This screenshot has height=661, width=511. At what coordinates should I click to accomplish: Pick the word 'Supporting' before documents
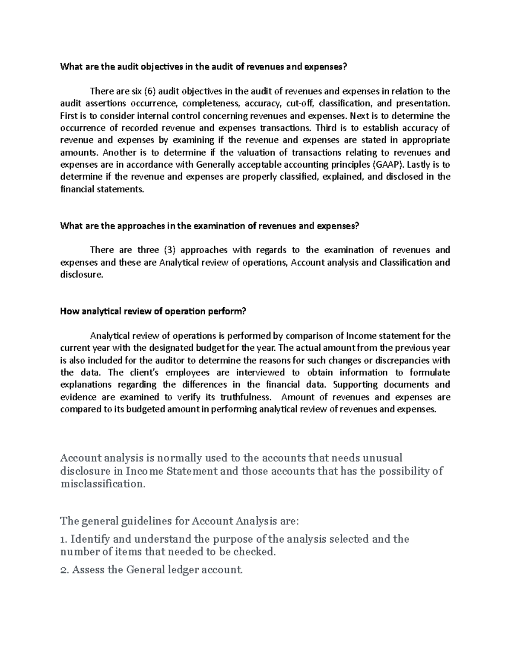tap(355, 385)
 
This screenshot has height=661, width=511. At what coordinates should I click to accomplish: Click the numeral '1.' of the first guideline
tap(64, 539)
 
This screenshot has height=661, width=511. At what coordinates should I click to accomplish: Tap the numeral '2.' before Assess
tap(65, 570)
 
